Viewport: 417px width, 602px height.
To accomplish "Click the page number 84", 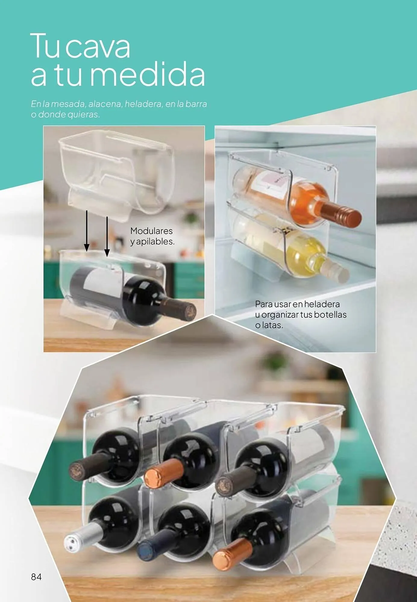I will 36,577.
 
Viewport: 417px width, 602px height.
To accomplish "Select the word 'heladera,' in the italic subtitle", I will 143,104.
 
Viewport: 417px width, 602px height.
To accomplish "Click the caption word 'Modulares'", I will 151,231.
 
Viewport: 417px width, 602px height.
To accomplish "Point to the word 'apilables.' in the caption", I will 155,241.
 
